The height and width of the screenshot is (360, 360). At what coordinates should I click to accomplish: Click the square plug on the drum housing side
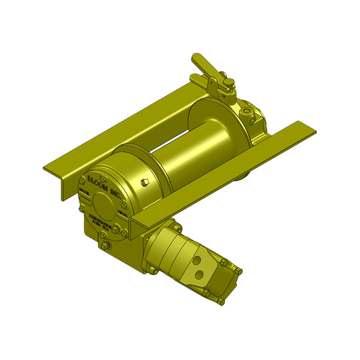[x=144, y=182]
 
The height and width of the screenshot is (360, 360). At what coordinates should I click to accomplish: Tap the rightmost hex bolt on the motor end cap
[x=239, y=271]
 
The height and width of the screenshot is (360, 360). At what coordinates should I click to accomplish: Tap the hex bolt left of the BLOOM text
[x=82, y=180]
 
